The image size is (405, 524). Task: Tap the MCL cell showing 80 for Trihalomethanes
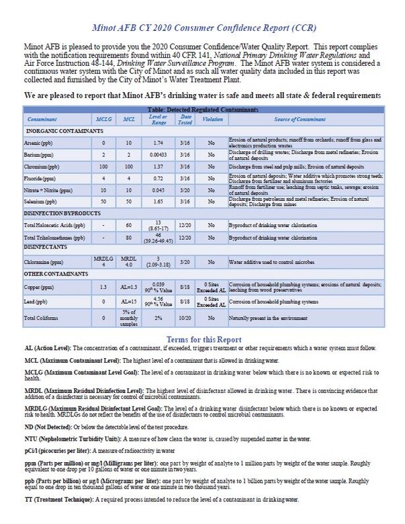click(x=128, y=237)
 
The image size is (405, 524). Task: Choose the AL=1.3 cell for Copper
click(x=128, y=286)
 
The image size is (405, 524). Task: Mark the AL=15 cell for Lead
click(x=128, y=302)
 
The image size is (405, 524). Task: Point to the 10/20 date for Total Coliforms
click(x=185, y=317)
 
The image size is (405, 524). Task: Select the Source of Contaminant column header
click(x=306, y=119)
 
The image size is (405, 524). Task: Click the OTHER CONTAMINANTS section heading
click(x=57, y=274)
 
